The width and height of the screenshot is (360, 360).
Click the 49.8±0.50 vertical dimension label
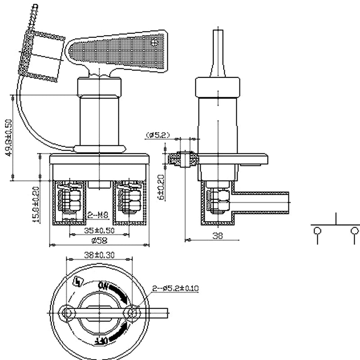(8, 138)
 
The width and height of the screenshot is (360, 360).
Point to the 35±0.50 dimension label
(99, 230)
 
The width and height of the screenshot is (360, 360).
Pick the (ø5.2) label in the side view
(157, 134)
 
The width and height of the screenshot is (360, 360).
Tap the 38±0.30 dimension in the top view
(99, 255)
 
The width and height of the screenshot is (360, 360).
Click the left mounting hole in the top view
(68, 312)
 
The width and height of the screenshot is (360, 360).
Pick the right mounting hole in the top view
(132, 312)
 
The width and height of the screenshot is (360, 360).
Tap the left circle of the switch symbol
(318, 231)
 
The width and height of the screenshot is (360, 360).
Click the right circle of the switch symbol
(355, 231)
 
